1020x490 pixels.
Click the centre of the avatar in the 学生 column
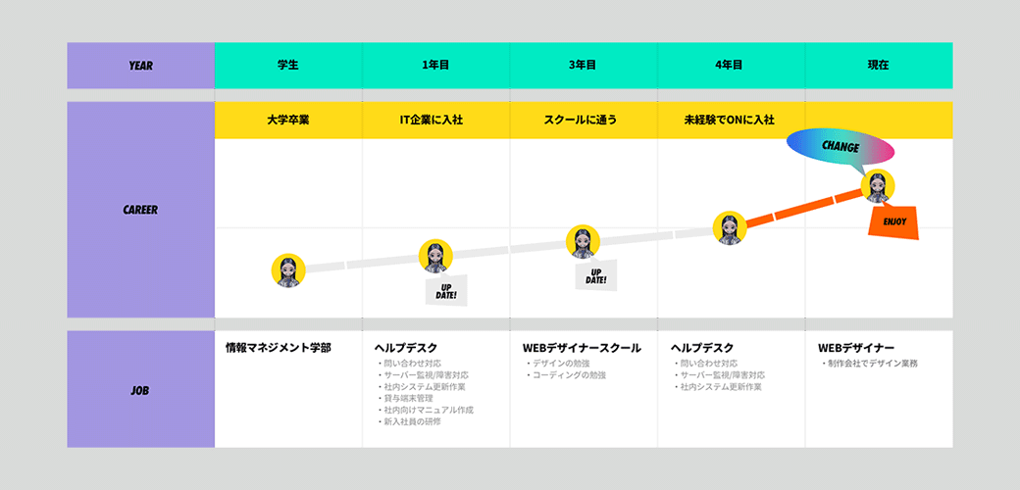(x=288, y=270)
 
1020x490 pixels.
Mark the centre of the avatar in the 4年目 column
(x=730, y=228)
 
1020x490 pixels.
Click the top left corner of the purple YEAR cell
(x=67, y=43)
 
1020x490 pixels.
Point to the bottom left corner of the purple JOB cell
(x=67, y=448)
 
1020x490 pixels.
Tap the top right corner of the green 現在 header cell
(x=953, y=43)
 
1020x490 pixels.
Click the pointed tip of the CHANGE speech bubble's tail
(x=866, y=175)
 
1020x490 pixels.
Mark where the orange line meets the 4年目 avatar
(x=746, y=223)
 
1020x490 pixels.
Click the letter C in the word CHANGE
(x=826, y=145)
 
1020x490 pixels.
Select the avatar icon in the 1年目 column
(x=435, y=256)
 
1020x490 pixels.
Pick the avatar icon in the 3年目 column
(x=583, y=242)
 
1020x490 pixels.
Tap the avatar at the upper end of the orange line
(x=878, y=186)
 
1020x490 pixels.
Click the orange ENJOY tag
(x=893, y=221)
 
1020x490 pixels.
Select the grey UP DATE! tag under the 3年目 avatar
(x=596, y=276)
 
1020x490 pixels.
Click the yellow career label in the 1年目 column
(x=435, y=121)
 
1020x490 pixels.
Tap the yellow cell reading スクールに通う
(x=584, y=121)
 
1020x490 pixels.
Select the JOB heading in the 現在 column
(x=856, y=348)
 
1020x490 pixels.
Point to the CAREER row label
(x=140, y=210)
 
